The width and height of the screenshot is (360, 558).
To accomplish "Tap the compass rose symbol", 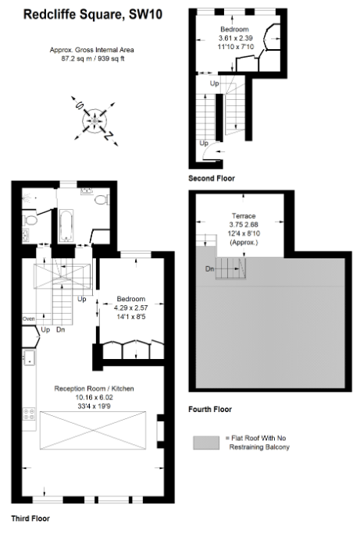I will (x=95, y=119).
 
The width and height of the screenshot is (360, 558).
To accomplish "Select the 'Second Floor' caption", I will (x=211, y=179).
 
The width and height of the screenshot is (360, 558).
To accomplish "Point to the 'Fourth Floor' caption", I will (x=210, y=409).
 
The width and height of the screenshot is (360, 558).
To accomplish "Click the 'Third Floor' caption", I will (x=30, y=517).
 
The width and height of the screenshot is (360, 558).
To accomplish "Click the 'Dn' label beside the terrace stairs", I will (x=209, y=268).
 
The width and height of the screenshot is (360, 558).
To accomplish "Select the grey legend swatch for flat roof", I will (x=207, y=442).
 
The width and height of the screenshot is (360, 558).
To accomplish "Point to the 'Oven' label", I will (x=29, y=318).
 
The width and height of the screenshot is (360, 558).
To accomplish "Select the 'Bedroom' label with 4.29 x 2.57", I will (x=130, y=299).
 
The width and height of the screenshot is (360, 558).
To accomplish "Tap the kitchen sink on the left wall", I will (x=28, y=358).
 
